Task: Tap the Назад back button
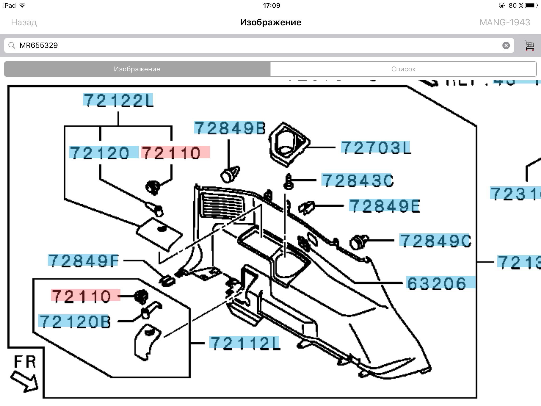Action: point(24,22)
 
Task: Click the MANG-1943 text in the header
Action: point(505,22)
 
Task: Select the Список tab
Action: point(403,69)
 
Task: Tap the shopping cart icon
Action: point(529,45)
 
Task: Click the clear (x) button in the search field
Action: point(506,45)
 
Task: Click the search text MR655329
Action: point(39,45)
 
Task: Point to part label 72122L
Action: point(118,100)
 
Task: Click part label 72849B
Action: point(229,128)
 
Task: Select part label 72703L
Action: point(375,147)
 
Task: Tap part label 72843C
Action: point(357,181)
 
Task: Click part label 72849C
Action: point(435,241)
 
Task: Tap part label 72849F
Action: point(83,260)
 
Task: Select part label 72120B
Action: point(74,321)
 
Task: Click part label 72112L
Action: point(244,343)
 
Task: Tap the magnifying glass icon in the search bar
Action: point(12,45)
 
